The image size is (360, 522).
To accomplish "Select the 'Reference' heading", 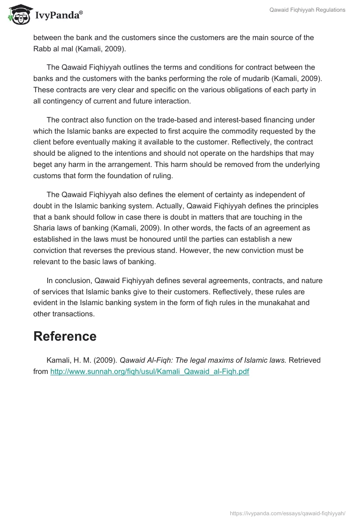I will (65, 336).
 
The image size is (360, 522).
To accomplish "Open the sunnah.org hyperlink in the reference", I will (149, 372).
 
